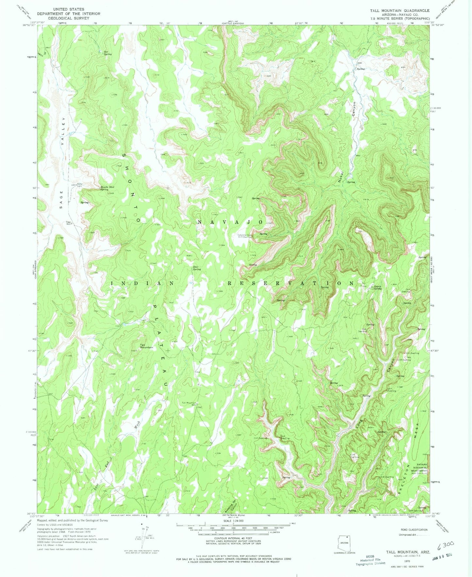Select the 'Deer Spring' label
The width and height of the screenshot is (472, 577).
[x=197, y=268]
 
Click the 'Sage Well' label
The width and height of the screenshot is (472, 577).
[x=69, y=223]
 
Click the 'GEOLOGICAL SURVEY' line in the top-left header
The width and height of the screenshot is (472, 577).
[x=68, y=18]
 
